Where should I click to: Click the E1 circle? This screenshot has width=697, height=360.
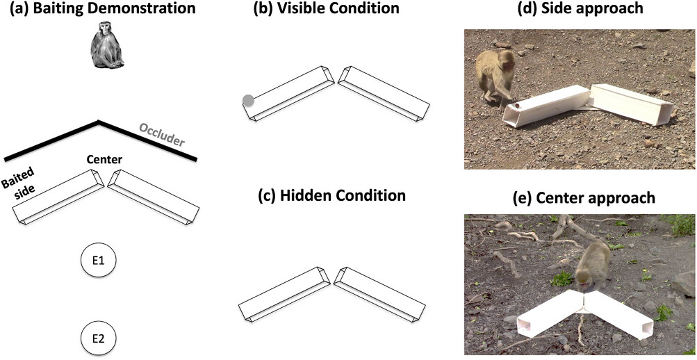tap(98, 261)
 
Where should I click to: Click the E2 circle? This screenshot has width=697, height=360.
tap(98, 339)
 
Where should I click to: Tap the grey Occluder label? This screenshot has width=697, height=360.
tap(162, 136)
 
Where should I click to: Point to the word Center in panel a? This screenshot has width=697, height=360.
tap(104, 160)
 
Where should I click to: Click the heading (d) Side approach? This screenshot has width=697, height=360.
tap(578, 10)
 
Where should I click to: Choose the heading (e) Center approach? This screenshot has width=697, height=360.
tap(578, 197)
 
